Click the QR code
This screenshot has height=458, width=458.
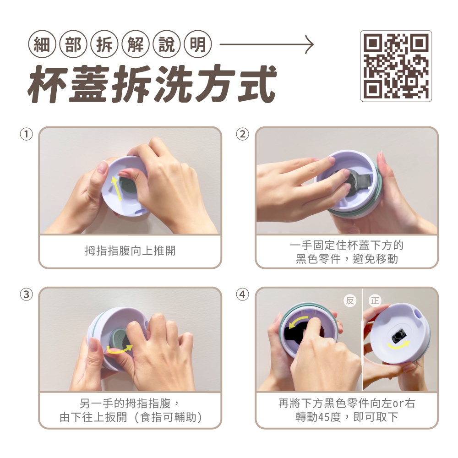(x=396, y=66)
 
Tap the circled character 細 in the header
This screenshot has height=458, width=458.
(x=42, y=44)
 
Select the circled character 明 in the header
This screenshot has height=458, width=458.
(x=198, y=44)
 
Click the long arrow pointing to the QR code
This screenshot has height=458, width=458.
(x=267, y=44)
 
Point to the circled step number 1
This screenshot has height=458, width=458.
(x=26, y=134)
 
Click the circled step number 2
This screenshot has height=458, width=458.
(x=242, y=134)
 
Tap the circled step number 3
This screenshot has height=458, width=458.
(x=26, y=294)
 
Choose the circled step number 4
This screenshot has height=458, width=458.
(x=242, y=294)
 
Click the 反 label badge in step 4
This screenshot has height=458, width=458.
(x=350, y=300)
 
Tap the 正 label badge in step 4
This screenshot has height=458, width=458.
(x=375, y=300)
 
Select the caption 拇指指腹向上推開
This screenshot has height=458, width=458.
(x=130, y=251)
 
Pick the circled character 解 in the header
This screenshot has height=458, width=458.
(x=136, y=44)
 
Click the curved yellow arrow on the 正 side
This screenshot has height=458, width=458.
(x=398, y=345)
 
